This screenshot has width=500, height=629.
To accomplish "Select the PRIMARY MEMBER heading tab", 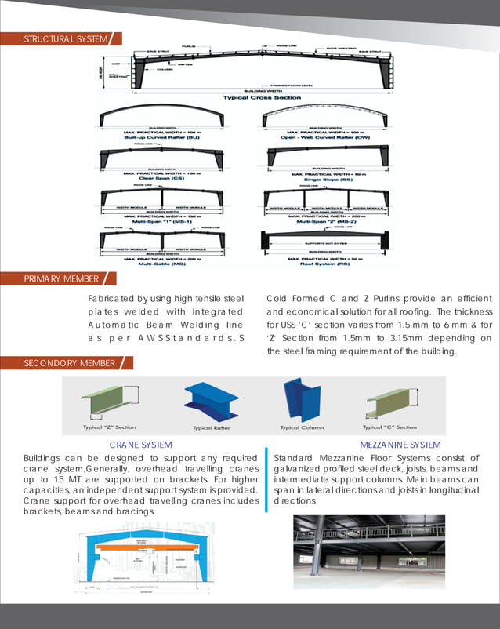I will coord(51,279).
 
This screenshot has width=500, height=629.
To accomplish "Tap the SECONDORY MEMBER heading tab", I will coord(59,363).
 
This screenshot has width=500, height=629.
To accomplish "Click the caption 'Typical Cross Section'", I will coord(251,98).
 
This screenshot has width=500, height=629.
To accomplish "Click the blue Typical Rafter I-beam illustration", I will coord(212,402).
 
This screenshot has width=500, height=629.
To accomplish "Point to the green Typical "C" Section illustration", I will coord(390,402).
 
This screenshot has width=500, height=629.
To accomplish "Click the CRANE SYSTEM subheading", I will coord(141,445).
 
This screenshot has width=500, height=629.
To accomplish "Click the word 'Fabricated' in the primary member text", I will coord(112,299).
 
